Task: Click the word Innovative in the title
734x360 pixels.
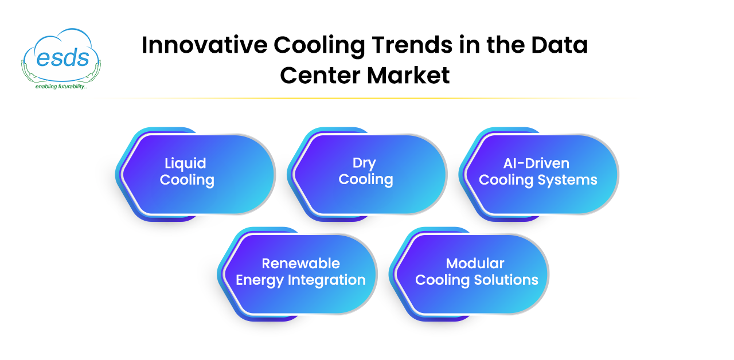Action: [205, 45]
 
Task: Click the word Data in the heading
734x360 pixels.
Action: [559, 45]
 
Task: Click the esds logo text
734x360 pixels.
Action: [63, 58]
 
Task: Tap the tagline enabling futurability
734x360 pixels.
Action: [61, 87]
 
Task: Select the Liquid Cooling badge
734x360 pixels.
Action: [196, 174]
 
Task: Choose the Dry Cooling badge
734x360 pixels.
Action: [367, 174]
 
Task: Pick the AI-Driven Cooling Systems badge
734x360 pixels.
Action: [538, 174]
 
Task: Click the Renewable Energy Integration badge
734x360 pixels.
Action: [298, 274]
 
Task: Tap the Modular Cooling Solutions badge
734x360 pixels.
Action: [469, 274]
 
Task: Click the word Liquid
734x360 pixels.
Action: [185, 164]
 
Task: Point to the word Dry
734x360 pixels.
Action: [364, 163]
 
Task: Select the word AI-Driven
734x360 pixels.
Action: [536, 163]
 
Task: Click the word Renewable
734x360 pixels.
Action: [301, 263]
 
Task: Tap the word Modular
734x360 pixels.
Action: [475, 263]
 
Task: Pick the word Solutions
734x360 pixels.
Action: [506, 280]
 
